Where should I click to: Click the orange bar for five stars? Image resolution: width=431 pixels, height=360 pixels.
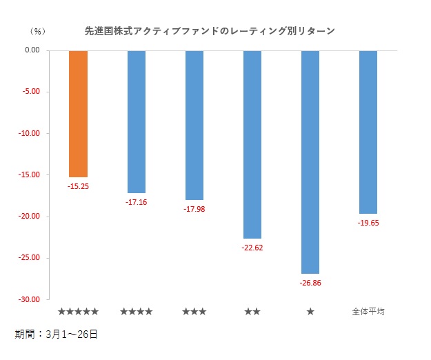tap(79, 114)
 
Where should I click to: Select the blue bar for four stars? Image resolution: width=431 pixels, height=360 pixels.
tap(137, 121)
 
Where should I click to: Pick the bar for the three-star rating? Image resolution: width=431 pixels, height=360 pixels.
tap(194, 125)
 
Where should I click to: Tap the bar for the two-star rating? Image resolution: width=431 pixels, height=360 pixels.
tap(252, 144)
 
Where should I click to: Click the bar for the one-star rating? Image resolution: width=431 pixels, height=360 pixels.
tap(310, 162)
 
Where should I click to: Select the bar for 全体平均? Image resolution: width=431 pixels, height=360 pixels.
tap(368, 132)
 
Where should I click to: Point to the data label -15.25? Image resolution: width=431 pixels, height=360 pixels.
tap(79, 186)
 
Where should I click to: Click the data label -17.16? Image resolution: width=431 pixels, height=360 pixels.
tap(137, 202)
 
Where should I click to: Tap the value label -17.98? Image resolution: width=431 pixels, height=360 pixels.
tap(194, 209)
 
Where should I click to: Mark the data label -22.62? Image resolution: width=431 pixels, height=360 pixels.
tap(252, 248)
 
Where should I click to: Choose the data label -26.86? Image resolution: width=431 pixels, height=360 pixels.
tap(310, 283)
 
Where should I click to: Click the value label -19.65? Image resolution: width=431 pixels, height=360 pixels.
tap(368, 223)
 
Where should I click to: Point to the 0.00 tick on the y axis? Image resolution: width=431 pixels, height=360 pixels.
tap(32, 50)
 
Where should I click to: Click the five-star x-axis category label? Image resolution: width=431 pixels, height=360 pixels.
tap(79, 312)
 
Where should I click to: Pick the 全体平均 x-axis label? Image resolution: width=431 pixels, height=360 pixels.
tap(368, 312)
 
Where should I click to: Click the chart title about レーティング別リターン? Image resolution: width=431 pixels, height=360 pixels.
tap(210, 31)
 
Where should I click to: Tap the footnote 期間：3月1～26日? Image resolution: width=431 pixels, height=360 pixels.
tap(56, 334)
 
